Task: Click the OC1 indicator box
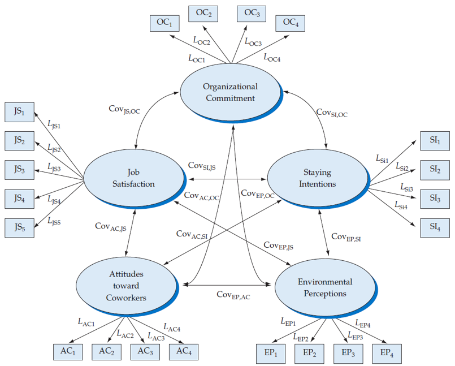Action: click(164, 23)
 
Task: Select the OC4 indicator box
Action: click(291, 23)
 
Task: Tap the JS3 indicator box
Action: click(20, 169)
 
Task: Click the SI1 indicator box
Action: click(435, 140)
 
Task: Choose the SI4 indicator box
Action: click(435, 227)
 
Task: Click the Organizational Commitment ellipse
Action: click(230, 92)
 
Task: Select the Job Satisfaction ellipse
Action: click(134, 178)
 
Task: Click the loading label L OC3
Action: click(253, 41)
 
